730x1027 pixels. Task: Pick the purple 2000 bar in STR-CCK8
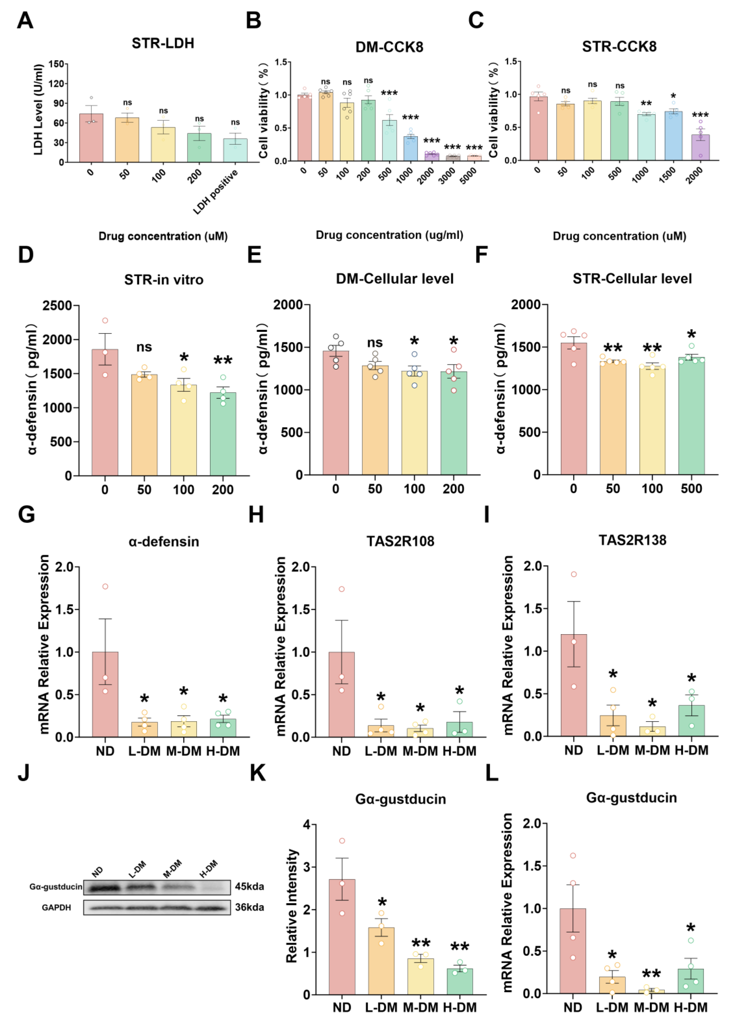pos(700,147)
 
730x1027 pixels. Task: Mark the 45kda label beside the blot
pos(250,886)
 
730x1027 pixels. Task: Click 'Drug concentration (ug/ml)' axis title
pos(389,235)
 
